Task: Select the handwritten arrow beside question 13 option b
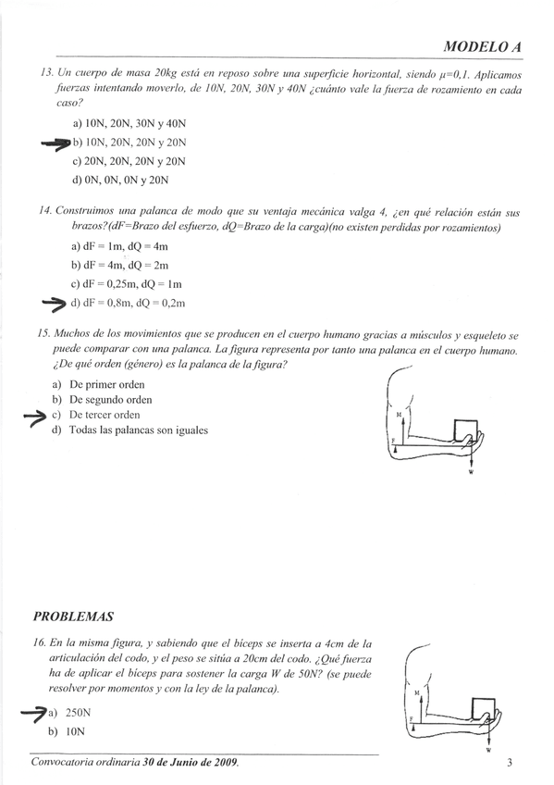click(x=56, y=143)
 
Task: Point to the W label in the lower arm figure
click(x=486, y=753)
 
